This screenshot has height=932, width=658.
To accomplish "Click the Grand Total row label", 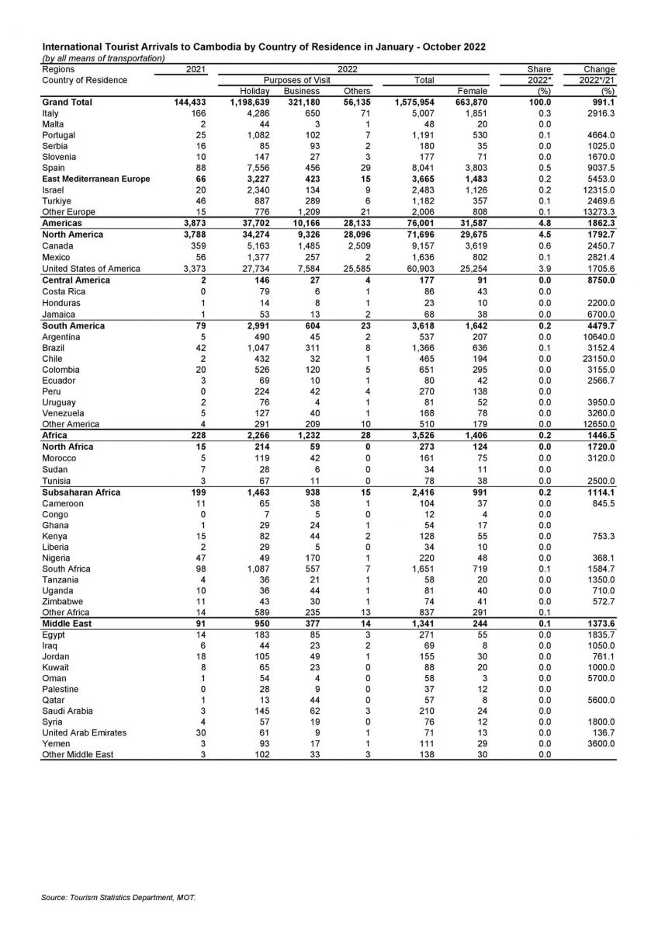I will [68, 102].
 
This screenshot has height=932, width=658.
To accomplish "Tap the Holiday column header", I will [255, 91].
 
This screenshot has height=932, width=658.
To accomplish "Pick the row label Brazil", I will [54, 348].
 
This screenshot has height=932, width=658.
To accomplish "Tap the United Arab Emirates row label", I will [84, 732].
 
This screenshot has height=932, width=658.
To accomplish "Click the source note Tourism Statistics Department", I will [118, 898].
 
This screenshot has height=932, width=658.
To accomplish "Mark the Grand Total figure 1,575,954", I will [416, 102].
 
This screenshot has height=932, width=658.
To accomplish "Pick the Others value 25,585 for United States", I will [354, 269].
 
